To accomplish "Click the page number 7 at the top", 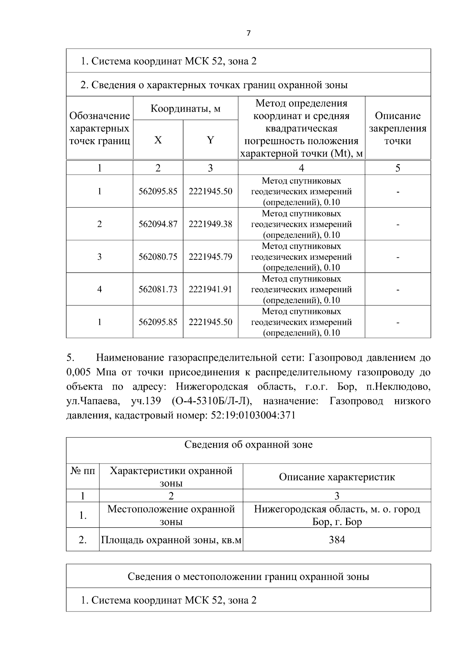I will point(248,33).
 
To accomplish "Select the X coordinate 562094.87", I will point(158,224).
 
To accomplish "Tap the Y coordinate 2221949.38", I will point(210,224).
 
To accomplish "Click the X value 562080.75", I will point(158,257).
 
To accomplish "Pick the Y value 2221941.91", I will point(210,289).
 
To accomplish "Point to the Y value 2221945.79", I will point(210,257).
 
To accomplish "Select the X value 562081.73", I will point(158,289).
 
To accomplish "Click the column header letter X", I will point(158,140).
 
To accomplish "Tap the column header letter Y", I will point(210,140).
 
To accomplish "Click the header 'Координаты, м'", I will point(185,108).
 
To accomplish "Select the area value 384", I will point(337,540).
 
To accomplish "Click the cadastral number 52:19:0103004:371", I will point(253,416).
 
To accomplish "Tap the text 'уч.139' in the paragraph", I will point(146,401).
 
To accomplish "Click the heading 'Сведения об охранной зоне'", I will point(248,445).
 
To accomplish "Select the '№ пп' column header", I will point(83,471).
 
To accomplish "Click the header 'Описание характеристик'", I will point(337,477).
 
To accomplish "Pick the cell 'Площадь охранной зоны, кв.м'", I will point(171,540).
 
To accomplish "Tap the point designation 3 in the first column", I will point(99,257).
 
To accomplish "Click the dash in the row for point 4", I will point(397,290).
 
